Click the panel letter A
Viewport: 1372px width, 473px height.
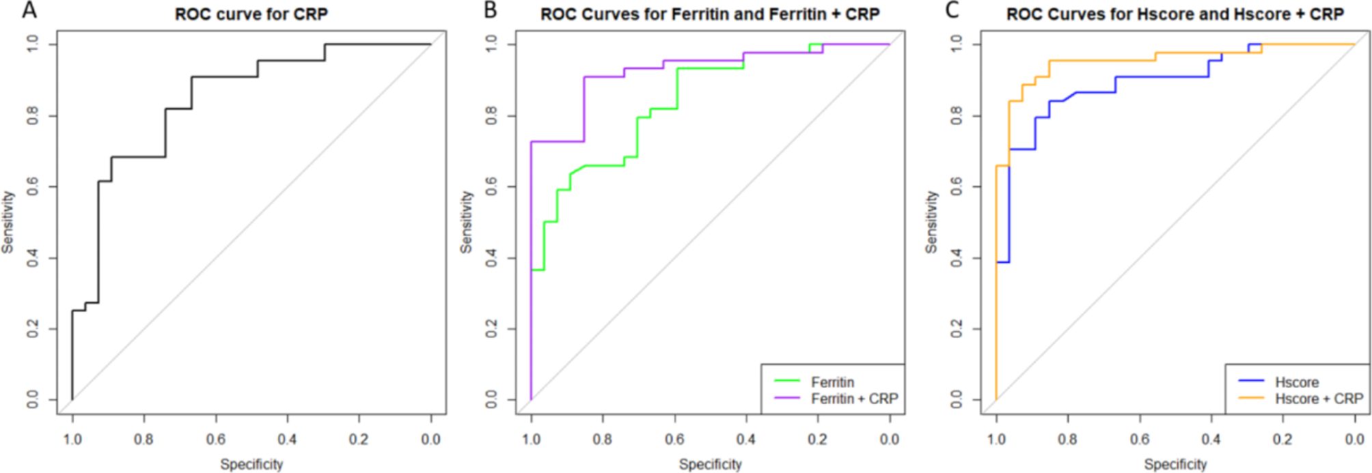pos(29,10)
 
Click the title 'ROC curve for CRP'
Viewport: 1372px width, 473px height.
pos(251,14)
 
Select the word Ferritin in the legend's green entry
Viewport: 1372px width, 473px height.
pos(832,382)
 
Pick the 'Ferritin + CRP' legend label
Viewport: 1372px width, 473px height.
pos(854,399)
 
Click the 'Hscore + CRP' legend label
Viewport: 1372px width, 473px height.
pos(1319,399)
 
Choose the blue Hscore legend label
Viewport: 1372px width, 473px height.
pos(1296,382)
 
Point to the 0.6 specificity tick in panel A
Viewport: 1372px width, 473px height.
pos(216,439)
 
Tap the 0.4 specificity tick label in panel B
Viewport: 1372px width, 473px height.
pos(746,439)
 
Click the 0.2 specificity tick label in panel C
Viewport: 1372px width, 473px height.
pos(1282,439)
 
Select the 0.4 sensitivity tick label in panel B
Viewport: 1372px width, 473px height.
pos(491,258)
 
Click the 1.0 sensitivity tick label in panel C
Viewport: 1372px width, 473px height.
pos(956,44)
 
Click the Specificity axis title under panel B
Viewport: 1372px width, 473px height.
pos(710,464)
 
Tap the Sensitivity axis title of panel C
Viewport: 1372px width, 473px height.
pos(931,223)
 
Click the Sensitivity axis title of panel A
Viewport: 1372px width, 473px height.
pos(8,223)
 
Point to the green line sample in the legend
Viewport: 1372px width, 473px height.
pos(786,382)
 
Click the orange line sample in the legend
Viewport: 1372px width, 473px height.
pos(1251,398)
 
